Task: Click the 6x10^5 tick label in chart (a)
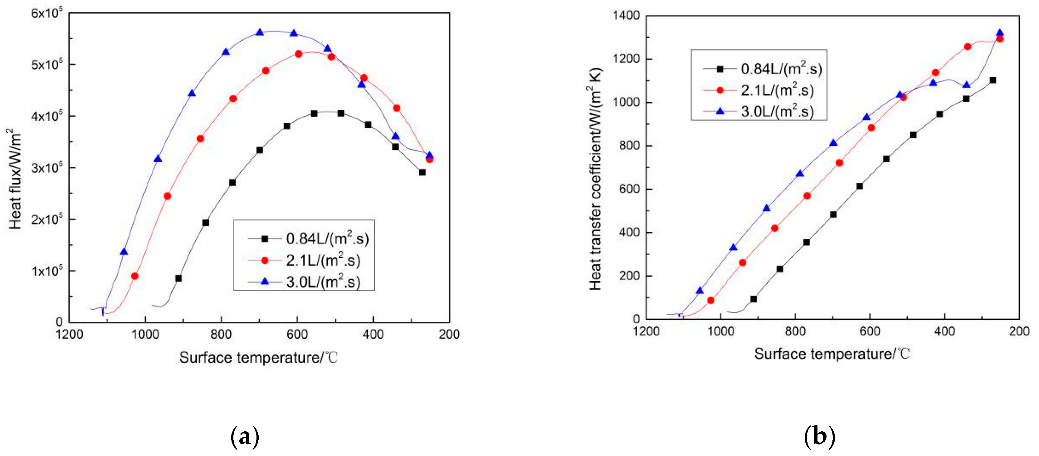[46, 13]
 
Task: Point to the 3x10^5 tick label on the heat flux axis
[46, 168]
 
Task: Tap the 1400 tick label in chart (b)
[626, 16]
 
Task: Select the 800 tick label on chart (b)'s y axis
[629, 146]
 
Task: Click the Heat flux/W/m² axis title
[15, 179]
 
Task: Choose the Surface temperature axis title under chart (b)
[832, 354]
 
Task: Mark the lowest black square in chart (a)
[178, 278]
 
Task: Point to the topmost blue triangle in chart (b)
[999, 33]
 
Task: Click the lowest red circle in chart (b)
[711, 300]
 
